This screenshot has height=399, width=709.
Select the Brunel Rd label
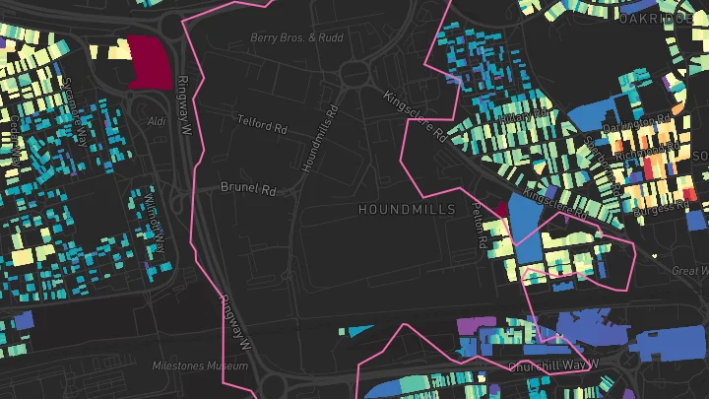pyautogui.click(x=245, y=185)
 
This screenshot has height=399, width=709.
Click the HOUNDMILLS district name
pyautogui.click(x=407, y=210)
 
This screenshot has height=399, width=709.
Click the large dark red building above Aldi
pyautogui.click(x=146, y=62)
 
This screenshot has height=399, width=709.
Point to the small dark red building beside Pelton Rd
pyautogui.click(x=500, y=210)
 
